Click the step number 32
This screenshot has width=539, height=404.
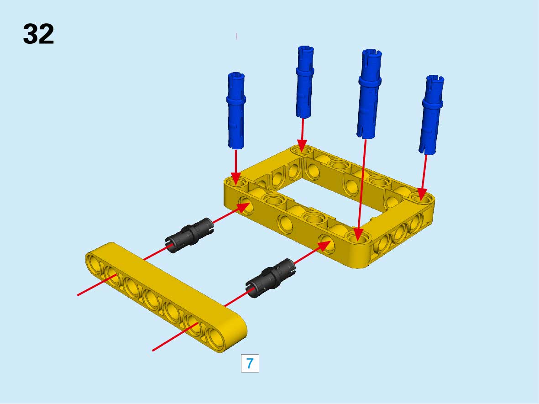coord(38,34)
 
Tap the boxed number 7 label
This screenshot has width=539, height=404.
coord(250,363)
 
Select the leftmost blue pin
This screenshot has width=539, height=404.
coord(236,110)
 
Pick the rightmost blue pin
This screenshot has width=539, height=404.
coord(431,115)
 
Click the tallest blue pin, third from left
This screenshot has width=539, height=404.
coord(369,94)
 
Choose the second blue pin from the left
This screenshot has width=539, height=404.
coord(304,82)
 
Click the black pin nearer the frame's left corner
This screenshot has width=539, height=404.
coord(189,235)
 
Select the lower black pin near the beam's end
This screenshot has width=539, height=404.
coord(271,278)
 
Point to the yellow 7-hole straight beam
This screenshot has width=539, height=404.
coord(166,297)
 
